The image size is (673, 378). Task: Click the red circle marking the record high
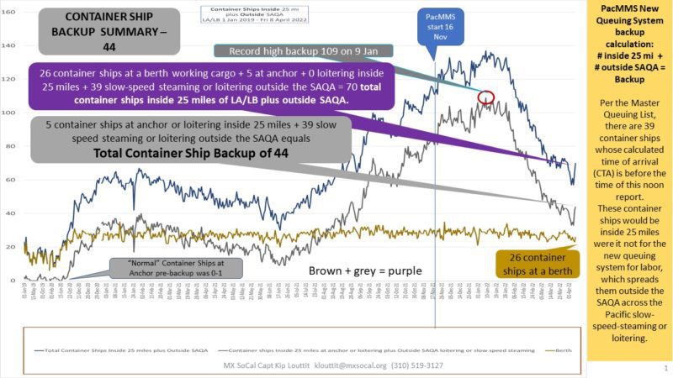point(485,97)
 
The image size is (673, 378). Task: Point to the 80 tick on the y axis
point(11,146)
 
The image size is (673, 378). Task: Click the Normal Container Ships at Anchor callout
point(173,268)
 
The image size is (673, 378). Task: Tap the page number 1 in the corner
point(665,368)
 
